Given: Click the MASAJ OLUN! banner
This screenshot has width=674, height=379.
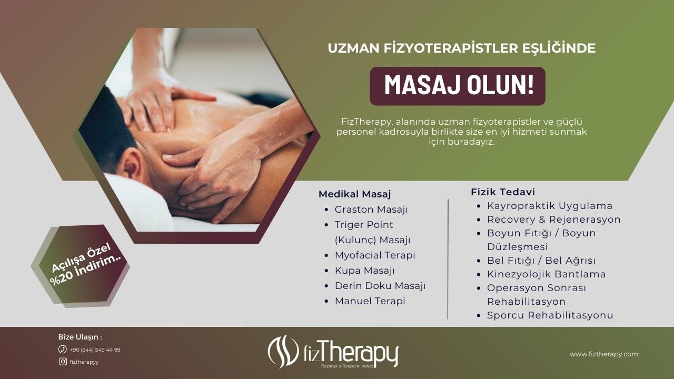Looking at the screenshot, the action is (x=458, y=86).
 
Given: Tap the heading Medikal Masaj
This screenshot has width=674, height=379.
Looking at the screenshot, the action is (x=355, y=194).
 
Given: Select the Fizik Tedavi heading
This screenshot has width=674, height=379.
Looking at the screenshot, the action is (x=503, y=192).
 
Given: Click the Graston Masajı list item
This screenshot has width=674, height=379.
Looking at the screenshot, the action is (x=371, y=210).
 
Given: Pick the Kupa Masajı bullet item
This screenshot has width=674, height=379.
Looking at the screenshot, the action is (x=365, y=271).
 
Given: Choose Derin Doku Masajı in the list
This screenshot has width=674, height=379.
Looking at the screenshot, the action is (x=380, y=286).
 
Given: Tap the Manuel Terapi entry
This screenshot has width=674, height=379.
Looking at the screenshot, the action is (x=370, y=301).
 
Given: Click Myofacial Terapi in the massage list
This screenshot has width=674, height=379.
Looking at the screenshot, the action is (x=375, y=255).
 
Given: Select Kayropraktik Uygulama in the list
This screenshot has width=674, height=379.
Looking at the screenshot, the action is (x=550, y=206).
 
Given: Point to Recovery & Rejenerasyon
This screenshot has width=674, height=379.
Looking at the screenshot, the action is (x=554, y=220).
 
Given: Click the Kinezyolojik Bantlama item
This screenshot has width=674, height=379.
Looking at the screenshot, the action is (x=547, y=274).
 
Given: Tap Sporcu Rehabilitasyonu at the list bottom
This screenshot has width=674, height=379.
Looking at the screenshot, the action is (x=550, y=315).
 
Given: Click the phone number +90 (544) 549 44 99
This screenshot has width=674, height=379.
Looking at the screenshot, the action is (x=95, y=350).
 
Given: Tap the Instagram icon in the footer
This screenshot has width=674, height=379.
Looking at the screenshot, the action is (x=63, y=362).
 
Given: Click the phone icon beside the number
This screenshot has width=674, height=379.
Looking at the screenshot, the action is (x=62, y=349).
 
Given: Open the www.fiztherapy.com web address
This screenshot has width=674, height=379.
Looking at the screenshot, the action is (x=604, y=354).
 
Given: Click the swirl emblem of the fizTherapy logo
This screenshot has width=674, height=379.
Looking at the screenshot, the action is (x=283, y=352).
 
